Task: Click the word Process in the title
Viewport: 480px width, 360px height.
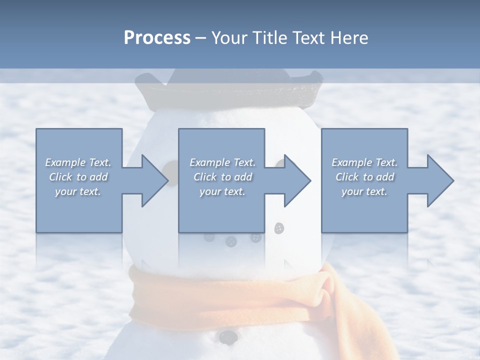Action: [157, 37]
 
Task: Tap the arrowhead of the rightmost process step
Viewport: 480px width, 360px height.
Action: [440, 180]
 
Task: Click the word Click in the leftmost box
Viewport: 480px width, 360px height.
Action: [60, 177]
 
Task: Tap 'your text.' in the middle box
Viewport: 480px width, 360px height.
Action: [222, 191]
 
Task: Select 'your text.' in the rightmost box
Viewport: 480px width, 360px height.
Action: [364, 191]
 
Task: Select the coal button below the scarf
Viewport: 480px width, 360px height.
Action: [227, 336]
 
